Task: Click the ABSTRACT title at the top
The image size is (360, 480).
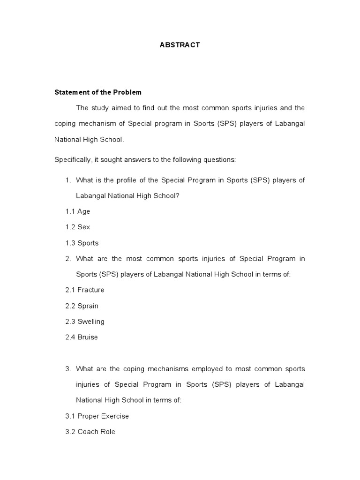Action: click(180, 45)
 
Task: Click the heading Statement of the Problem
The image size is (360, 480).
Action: click(98, 92)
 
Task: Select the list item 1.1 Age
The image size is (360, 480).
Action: click(78, 211)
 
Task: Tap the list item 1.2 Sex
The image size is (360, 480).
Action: click(78, 227)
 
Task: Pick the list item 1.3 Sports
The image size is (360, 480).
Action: click(82, 243)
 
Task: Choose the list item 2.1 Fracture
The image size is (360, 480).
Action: click(85, 290)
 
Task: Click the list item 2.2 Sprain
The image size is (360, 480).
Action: click(82, 306)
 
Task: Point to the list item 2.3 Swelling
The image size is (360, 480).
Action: click(85, 322)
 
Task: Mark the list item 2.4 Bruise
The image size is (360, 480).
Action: click(82, 337)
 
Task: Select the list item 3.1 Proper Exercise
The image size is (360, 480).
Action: click(97, 416)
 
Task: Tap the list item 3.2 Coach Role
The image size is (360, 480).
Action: click(90, 432)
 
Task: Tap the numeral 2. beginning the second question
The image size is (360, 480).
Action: click(68, 259)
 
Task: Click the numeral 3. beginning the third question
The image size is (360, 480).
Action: click(68, 369)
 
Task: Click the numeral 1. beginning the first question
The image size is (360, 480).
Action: click(68, 180)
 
